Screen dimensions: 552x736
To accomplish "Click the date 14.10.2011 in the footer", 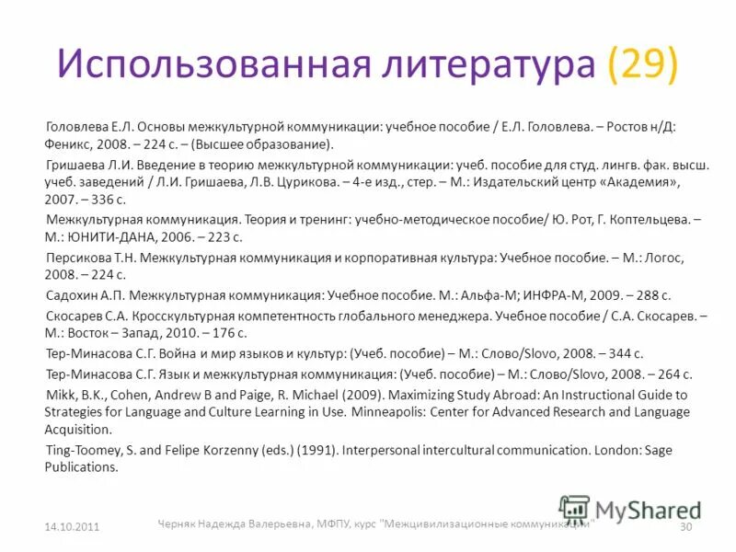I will coord(72,525).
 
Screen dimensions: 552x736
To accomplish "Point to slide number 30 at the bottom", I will coord(684,525).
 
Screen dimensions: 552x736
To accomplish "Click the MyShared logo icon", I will coord(574,510).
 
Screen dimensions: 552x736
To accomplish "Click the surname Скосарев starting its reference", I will coord(78,316).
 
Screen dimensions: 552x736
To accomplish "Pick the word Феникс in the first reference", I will coord(67,144).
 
